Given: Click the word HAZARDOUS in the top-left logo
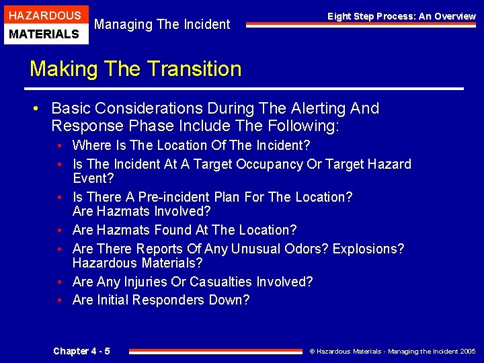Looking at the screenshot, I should click(44, 15).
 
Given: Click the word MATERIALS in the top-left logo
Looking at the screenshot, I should click(44, 34).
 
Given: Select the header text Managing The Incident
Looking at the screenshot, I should click(162, 25).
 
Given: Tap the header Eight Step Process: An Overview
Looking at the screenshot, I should click(401, 16).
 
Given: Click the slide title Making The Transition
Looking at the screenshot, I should click(135, 69).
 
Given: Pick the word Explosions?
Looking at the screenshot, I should click(366, 249).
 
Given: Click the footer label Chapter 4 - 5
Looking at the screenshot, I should click(81, 351).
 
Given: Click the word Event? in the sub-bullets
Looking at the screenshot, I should click(93, 179).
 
